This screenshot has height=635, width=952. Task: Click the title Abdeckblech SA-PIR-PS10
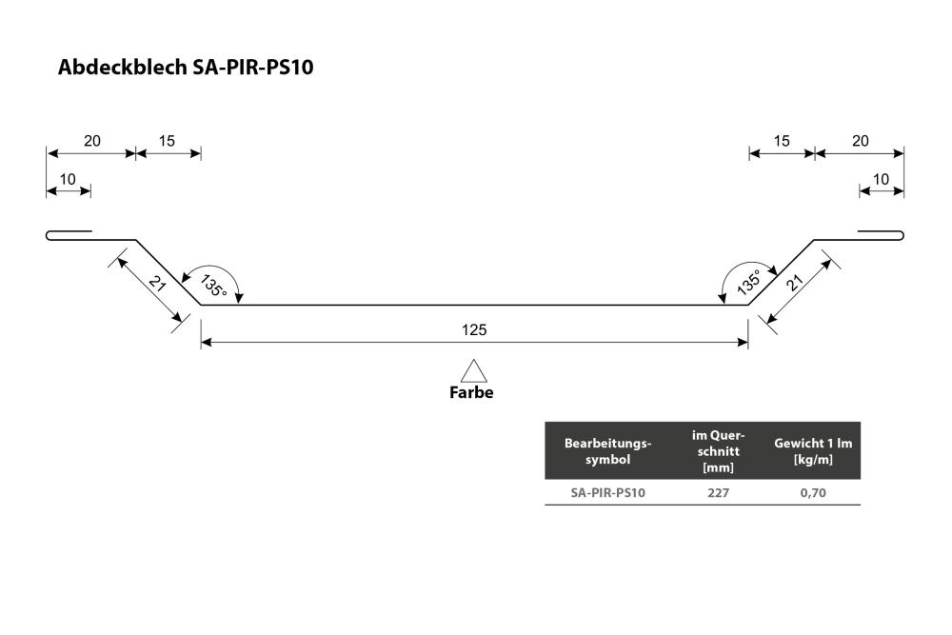[x=187, y=68]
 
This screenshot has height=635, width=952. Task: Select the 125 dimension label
[x=474, y=329]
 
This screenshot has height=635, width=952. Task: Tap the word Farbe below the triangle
[x=471, y=391]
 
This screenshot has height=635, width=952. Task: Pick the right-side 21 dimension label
[x=796, y=280]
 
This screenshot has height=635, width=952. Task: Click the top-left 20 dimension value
[x=91, y=141]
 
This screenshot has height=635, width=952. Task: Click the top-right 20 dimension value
[x=860, y=141]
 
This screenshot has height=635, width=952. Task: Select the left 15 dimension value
[x=167, y=141]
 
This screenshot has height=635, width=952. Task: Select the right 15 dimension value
[x=782, y=141]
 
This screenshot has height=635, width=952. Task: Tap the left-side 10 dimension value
[x=68, y=179]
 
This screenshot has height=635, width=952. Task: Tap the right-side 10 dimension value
[x=881, y=179]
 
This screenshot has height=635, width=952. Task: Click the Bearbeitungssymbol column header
[x=607, y=451]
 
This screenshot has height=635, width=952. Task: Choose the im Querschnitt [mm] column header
[x=718, y=451]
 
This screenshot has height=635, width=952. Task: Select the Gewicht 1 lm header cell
[x=812, y=451]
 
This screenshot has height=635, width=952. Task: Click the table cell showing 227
[x=718, y=493]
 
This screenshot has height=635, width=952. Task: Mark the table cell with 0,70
[x=812, y=493]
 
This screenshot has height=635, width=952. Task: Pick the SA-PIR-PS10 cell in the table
[x=607, y=493]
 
